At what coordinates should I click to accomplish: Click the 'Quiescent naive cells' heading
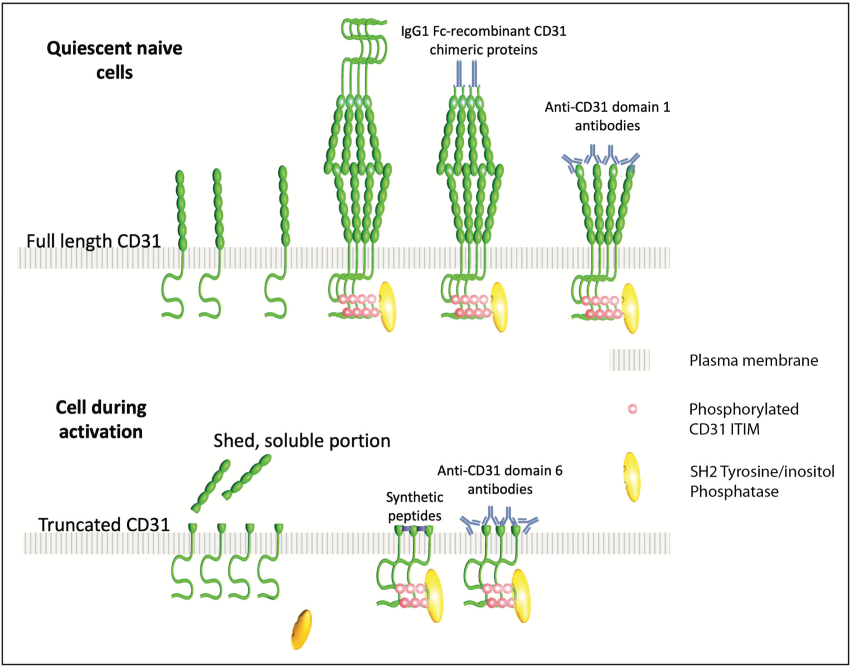pos(114,60)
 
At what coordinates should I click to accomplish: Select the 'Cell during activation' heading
pos(101,419)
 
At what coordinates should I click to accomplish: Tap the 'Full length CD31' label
pos(93,241)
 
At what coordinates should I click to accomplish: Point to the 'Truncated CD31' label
pos(104,525)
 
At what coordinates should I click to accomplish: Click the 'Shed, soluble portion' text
pos(302,441)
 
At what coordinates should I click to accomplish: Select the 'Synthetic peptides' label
pos(414,506)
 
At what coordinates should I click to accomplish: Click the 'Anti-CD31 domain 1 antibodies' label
pos(607,116)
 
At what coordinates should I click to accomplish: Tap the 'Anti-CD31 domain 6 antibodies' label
pos(500,480)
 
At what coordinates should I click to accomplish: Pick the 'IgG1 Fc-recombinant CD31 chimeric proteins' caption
pos(484,40)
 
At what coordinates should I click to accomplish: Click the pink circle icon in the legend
pos(632,409)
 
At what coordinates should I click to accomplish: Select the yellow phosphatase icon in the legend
pos(631,477)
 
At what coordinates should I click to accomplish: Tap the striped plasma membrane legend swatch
pos(629,360)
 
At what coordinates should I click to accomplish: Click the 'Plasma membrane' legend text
pos(754,361)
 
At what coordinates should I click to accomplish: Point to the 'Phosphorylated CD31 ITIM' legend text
pos(744,419)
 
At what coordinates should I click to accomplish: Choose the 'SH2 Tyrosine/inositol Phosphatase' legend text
pos(762,481)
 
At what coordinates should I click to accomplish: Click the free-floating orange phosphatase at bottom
pos(302,630)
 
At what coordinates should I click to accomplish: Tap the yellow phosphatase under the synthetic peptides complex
pos(434,595)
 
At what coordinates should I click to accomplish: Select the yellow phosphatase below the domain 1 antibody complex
pos(630,308)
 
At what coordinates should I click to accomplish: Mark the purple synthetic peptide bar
pos(414,530)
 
